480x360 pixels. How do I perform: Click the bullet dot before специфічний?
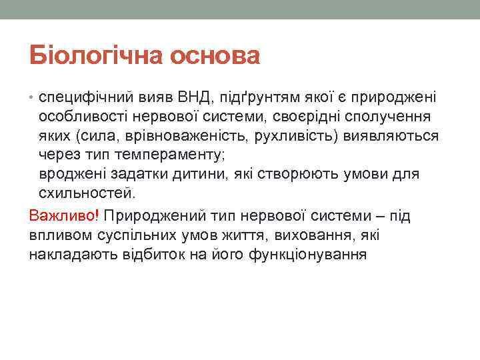(33, 98)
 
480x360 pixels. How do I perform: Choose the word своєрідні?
(303, 117)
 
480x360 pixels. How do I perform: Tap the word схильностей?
(87, 194)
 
